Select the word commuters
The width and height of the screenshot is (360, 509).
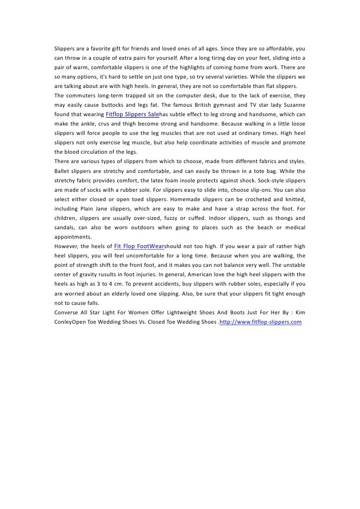point(83,95)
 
